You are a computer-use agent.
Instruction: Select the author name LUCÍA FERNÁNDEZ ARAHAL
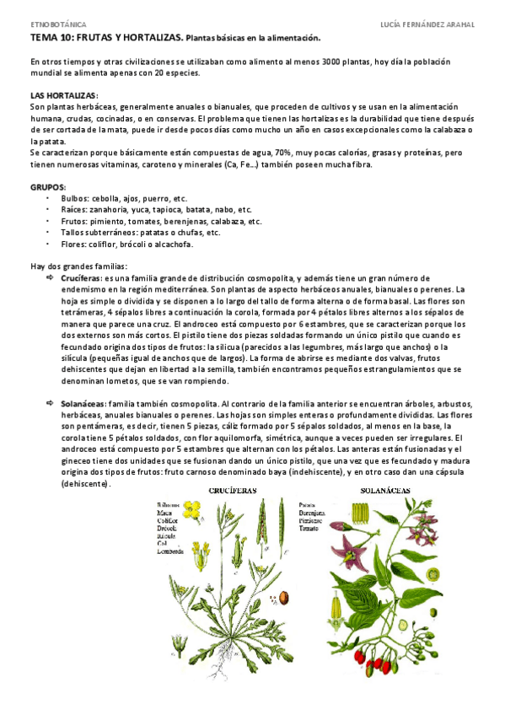pos(429,25)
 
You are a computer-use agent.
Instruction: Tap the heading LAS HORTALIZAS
pos(63,96)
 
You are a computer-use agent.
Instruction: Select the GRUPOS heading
pos(47,187)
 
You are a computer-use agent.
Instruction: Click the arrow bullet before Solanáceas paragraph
pos(50,405)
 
